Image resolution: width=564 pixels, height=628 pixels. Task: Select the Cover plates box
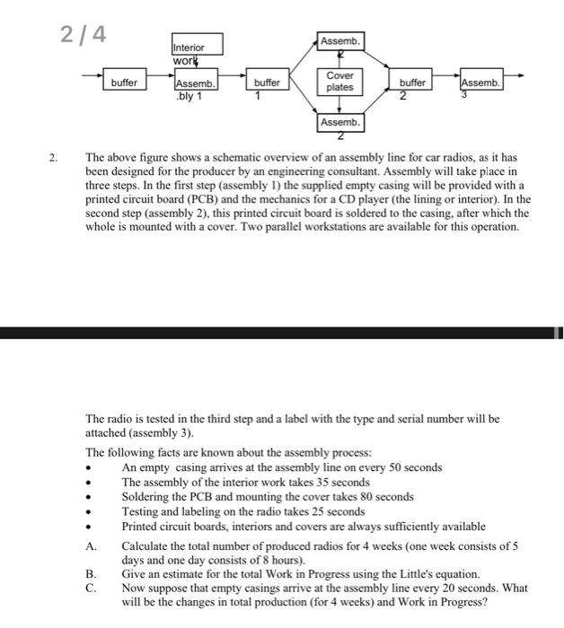point(339,82)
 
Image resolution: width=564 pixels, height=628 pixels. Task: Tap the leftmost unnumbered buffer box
point(124,83)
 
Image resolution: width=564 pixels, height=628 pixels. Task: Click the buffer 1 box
point(267,83)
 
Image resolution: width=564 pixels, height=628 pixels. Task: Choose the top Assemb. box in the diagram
point(339,41)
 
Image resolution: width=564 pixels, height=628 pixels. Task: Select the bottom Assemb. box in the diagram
point(339,121)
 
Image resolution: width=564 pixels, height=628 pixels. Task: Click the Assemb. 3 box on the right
point(480,83)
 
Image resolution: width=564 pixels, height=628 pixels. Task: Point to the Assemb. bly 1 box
point(196,83)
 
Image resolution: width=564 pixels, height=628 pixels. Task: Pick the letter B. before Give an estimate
point(91,572)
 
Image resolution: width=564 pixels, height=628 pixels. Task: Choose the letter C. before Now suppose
point(91,586)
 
